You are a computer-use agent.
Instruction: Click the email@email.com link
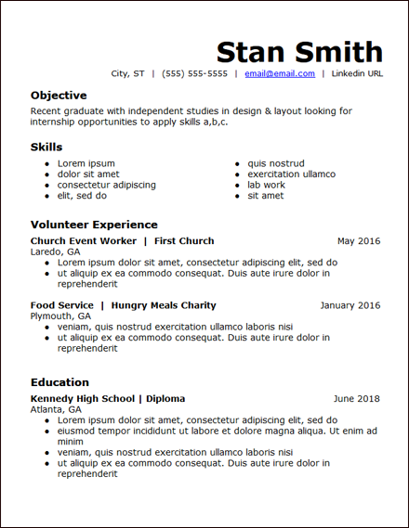[x=280, y=73]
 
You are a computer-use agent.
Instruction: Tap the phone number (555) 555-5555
[x=194, y=73]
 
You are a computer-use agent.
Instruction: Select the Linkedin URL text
[x=357, y=73]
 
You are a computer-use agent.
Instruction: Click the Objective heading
[x=59, y=96]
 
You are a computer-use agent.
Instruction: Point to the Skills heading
[x=46, y=148]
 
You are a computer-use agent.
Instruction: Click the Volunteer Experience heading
[x=94, y=225]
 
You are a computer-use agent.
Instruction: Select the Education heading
[x=59, y=382]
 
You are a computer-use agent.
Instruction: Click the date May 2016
[x=359, y=241]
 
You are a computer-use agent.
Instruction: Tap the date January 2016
[x=350, y=305]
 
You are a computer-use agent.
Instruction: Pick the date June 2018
[x=357, y=399]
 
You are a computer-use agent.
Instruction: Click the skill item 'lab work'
[x=266, y=185]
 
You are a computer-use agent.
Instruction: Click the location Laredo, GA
[x=55, y=251]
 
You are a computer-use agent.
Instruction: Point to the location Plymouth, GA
[x=60, y=316]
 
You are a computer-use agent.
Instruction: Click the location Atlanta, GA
[x=56, y=409]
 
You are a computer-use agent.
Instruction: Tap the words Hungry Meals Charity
[x=164, y=305]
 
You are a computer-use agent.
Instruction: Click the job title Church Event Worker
[x=84, y=241]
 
